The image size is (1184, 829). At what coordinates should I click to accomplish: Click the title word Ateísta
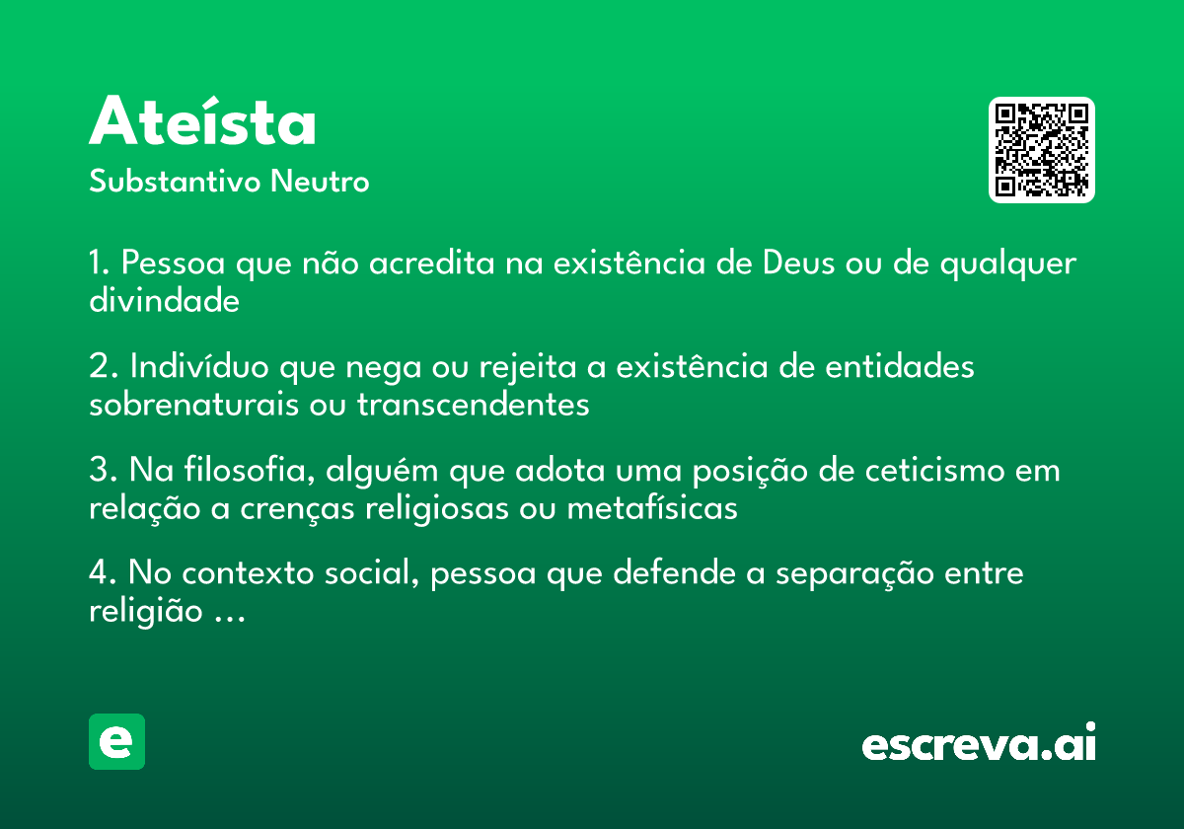pos(202,120)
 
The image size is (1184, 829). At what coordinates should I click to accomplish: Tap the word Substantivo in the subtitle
pos(175,181)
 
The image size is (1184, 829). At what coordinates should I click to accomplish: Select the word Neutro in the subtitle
pos(320,181)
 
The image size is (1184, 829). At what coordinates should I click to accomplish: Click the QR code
pos(1041,150)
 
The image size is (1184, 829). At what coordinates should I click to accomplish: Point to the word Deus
pos(798,263)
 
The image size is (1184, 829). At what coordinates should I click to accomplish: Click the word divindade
pos(165,300)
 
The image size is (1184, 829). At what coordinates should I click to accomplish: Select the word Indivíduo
pos(199,366)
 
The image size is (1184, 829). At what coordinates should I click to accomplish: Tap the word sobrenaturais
pos(194,405)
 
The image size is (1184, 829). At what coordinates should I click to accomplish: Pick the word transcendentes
pos(473,405)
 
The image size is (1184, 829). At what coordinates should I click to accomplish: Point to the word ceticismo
pos(935,470)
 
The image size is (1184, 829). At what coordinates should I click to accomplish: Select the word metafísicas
pos(652,508)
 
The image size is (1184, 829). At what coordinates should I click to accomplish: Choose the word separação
pos(854,574)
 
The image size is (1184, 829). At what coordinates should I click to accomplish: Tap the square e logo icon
pos(116,741)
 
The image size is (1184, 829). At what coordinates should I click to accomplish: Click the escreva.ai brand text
pos(979,742)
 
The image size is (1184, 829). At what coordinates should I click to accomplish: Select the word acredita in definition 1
pos(431,263)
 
